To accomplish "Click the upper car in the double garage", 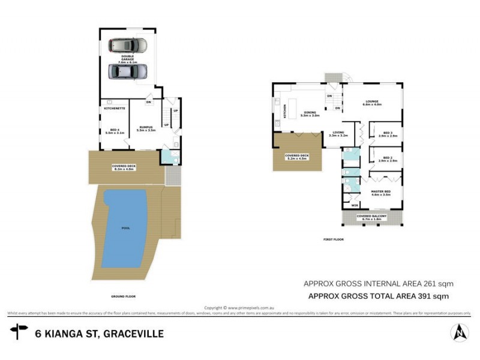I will [x=127, y=46].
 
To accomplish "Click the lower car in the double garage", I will [x=127, y=71].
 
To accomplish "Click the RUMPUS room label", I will [x=146, y=128].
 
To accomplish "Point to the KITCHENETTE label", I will [x=114, y=109].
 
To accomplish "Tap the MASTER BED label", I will [x=381, y=193].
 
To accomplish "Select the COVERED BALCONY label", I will [x=371, y=217].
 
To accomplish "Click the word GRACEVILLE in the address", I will [x=133, y=333].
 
